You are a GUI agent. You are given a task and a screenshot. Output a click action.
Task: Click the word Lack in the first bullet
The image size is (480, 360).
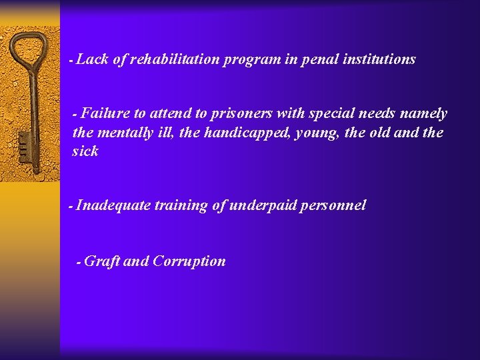click(x=93, y=59)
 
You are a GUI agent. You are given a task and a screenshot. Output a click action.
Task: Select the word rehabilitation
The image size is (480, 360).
click(x=175, y=59)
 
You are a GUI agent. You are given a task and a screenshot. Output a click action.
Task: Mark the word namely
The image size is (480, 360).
click(x=423, y=114)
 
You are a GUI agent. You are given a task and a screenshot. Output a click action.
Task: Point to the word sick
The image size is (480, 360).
click(x=85, y=151)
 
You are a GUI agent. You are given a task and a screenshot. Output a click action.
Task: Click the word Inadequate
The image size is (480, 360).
click(x=113, y=206)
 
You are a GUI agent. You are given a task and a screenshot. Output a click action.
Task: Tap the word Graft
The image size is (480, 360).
click(x=102, y=261)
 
